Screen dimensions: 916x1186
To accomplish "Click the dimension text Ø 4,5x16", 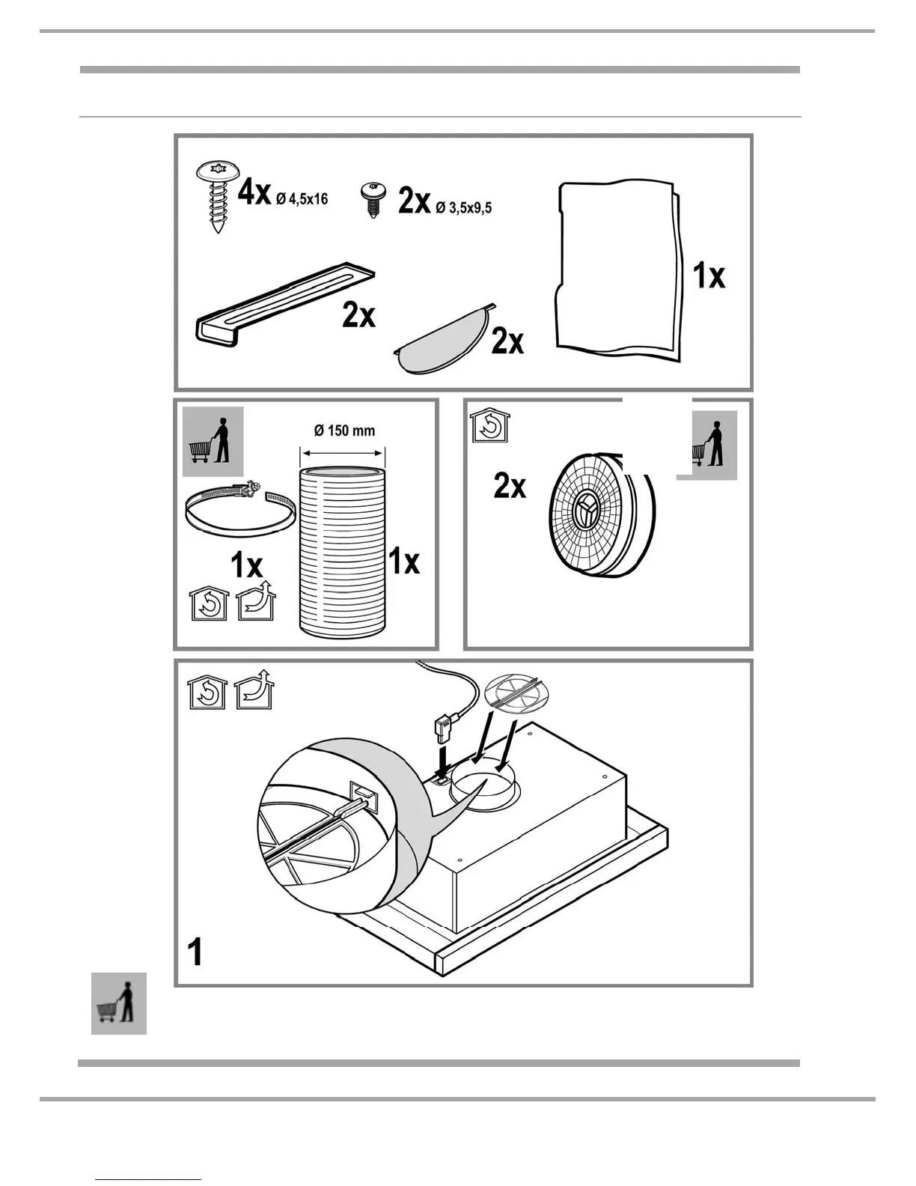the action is pos(302,199).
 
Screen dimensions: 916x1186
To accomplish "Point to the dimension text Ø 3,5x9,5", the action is pos(464,207).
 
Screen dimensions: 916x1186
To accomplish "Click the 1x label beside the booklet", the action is pos(709,276).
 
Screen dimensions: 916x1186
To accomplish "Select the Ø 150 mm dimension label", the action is pos(344,431).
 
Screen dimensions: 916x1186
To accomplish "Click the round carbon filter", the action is pos(599,517).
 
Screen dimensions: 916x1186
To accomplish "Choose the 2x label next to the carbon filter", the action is pos(510,487).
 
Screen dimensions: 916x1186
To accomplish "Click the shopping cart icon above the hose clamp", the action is pos(213,442).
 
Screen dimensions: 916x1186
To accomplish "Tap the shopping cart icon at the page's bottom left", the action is pos(118,1003).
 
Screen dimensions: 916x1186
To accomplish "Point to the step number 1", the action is pos(195,952).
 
